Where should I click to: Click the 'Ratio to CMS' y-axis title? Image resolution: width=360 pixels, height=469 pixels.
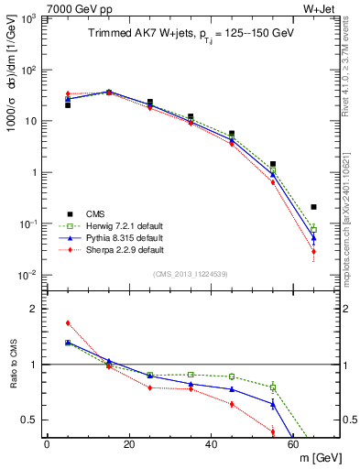[x=13, y=365]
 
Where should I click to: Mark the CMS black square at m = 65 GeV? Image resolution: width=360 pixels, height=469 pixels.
[x=314, y=207]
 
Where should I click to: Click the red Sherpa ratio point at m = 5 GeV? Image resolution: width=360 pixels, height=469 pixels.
[x=68, y=322]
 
